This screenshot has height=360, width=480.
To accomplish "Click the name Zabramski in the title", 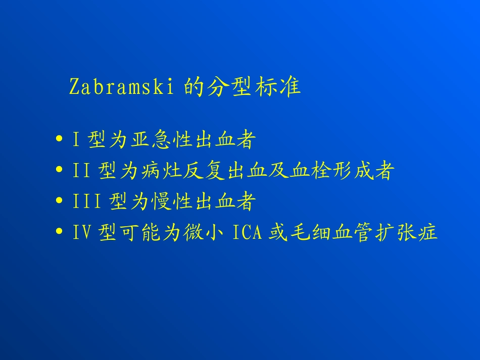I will [122, 87].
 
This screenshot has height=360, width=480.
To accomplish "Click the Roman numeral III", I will [81, 202].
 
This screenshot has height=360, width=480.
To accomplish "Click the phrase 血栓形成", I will [331, 172].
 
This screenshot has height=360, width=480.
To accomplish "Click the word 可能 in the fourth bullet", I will [140, 233].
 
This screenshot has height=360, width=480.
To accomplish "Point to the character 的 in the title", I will [194, 87].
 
